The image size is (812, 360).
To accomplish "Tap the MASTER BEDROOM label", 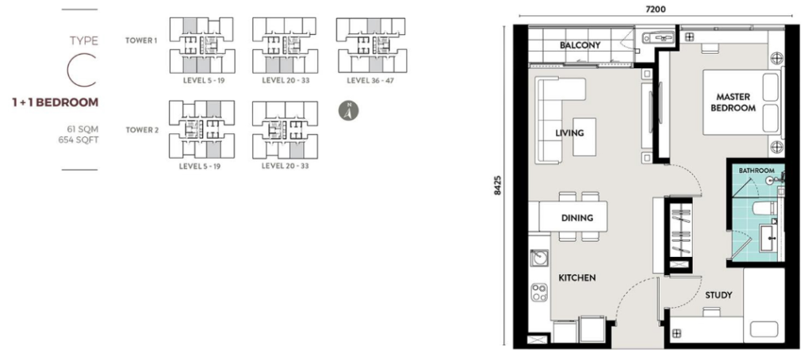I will (x=733, y=102).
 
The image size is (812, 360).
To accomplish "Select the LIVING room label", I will (x=569, y=132).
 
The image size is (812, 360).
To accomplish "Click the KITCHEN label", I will (x=576, y=278).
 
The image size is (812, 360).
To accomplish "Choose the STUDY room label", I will (x=718, y=295).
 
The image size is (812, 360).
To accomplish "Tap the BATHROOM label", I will (x=756, y=170).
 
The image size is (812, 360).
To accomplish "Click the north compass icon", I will (x=346, y=112).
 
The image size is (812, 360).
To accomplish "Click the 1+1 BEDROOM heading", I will (x=55, y=102).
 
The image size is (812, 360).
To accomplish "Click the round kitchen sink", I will (x=538, y=258).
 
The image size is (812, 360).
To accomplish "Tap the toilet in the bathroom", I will (x=762, y=209).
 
